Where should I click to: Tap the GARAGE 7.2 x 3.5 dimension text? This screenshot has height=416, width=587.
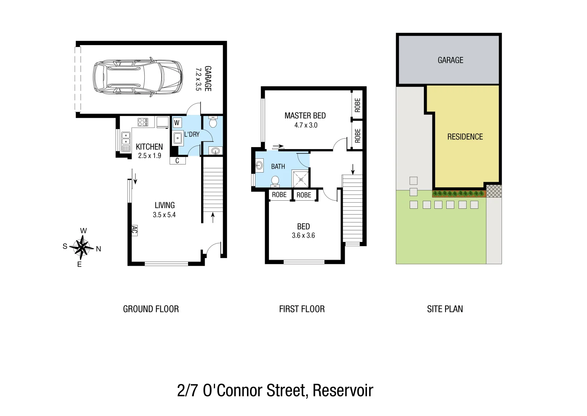(x=203, y=79)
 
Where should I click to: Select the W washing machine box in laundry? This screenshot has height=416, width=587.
(x=177, y=123)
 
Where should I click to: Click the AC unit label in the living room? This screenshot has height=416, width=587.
(x=134, y=230)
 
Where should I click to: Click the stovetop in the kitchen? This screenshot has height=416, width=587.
(x=143, y=122)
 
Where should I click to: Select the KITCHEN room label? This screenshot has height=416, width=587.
(x=149, y=147)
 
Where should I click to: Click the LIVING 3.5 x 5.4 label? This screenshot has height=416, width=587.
(x=165, y=210)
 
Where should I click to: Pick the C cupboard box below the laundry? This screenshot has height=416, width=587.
(x=177, y=161)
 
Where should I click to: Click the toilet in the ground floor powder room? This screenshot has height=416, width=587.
(x=213, y=123)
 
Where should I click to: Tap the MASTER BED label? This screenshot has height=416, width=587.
(x=305, y=116)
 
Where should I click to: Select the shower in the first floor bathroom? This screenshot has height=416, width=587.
(x=300, y=178)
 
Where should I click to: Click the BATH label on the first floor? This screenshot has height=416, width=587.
(x=278, y=166)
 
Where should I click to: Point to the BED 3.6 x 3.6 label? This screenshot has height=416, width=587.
(x=304, y=230)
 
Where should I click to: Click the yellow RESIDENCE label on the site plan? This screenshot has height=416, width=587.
(x=465, y=137)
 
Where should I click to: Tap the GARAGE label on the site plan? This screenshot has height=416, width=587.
(x=450, y=60)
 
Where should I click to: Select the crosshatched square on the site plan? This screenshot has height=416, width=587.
(x=494, y=191)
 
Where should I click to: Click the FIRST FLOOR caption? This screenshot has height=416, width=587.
(x=302, y=309)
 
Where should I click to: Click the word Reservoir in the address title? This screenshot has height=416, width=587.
(x=343, y=391)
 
